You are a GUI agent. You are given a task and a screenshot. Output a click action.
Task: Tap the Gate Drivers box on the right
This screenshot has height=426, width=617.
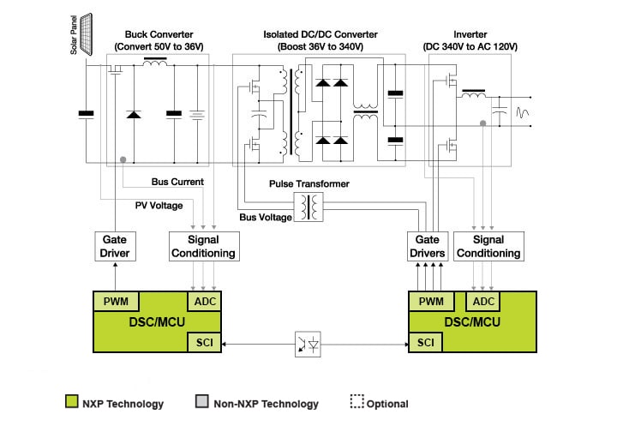428,246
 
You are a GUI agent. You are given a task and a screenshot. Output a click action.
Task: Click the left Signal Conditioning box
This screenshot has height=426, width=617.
202,246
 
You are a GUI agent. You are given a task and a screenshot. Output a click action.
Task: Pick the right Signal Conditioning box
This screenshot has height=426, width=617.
488,246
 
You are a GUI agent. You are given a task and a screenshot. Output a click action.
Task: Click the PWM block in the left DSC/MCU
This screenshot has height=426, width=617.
116,302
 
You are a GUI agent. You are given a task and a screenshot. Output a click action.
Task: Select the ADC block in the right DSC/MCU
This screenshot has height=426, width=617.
483,302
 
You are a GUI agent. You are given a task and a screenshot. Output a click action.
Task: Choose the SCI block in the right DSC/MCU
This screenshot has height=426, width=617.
426,342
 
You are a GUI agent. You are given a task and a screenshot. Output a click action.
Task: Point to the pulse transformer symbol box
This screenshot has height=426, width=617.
308,207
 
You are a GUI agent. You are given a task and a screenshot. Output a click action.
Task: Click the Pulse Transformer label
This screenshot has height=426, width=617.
308,184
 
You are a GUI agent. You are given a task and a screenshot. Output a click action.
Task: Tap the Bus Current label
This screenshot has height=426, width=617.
177,182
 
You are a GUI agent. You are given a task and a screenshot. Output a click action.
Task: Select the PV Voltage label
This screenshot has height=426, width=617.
159,205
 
